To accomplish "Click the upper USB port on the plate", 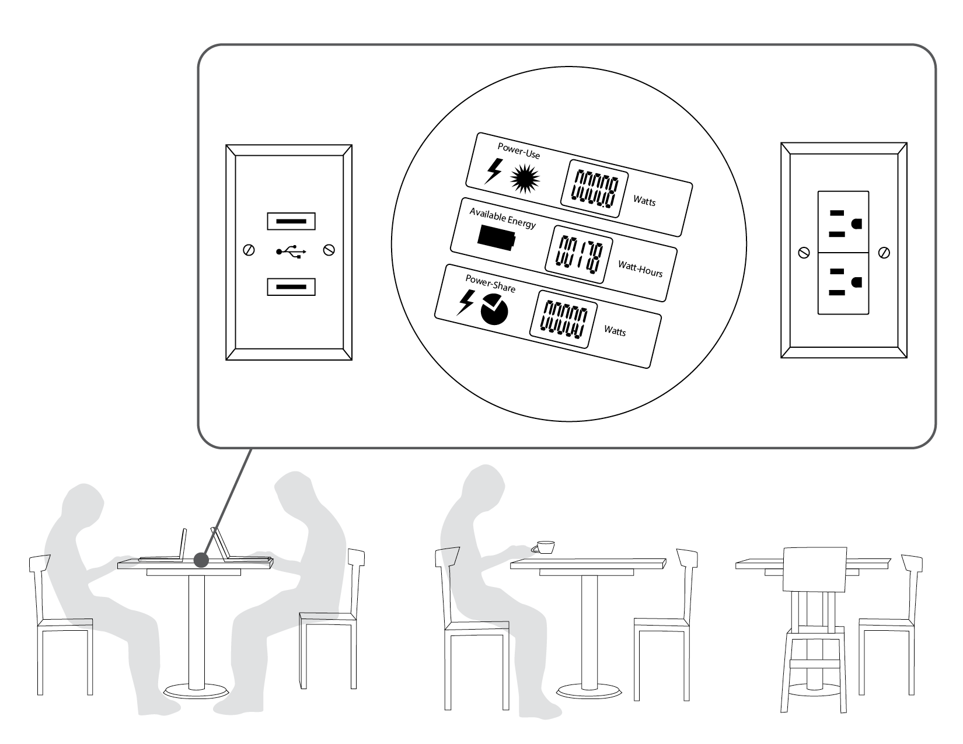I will [291, 222].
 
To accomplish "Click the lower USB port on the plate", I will [291, 287].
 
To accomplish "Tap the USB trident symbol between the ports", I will [291, 252].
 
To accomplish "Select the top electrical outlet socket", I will [843, 222].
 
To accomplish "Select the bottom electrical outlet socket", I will [843, 282].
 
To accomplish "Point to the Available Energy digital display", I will [578, 254].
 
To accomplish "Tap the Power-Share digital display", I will [563, 320].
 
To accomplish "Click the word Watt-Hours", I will [640, 268].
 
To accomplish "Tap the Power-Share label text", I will [490, 283].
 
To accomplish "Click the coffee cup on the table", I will [545, 547].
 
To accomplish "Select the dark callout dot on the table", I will [201, 560].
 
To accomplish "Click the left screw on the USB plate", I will [249, 250].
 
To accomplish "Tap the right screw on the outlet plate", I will [884, 253].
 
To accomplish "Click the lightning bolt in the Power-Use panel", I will [493, 172].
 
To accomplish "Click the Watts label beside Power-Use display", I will [644, 201].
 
